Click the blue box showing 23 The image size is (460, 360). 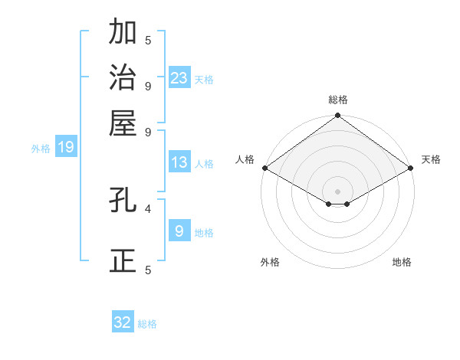(179, 77)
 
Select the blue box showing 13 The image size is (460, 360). (179, 162)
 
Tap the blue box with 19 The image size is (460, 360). (66, 147)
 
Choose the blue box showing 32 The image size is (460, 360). (123, 322)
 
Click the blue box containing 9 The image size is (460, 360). (179, 230)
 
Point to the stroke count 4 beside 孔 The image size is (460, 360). (148, 208)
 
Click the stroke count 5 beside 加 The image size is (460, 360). (148, 39)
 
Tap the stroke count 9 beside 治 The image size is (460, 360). (148, 85)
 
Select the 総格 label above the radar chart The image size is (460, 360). (338, 100)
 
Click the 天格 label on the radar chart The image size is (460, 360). (431, 159)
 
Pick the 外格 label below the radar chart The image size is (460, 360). (270, 262)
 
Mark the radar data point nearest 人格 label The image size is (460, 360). (264, 168)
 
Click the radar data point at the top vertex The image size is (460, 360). (338, 116)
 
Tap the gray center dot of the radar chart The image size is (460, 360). (338, 191)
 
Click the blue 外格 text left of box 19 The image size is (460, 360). (41, 149)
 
